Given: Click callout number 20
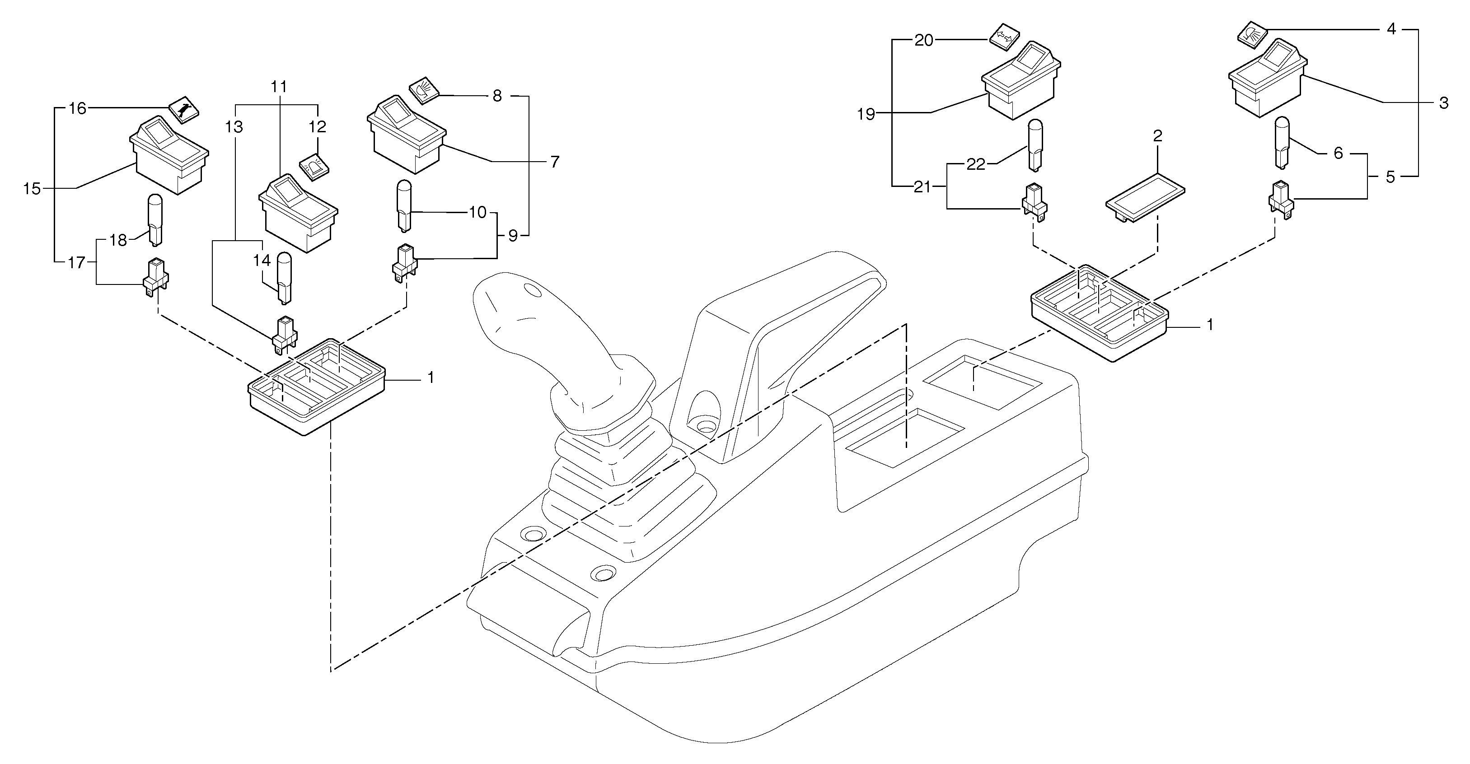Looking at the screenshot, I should (924, 41).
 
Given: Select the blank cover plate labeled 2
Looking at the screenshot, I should (1144, 199).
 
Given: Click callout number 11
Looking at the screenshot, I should (279, 87).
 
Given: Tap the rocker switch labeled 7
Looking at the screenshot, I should (406, 135).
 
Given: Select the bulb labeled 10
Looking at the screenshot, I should (404, 206).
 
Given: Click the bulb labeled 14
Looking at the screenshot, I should (284, 279).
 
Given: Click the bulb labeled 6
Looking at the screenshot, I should (1282, 141).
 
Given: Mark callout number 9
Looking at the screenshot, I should (512, 236).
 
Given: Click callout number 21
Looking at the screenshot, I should (922, 187).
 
